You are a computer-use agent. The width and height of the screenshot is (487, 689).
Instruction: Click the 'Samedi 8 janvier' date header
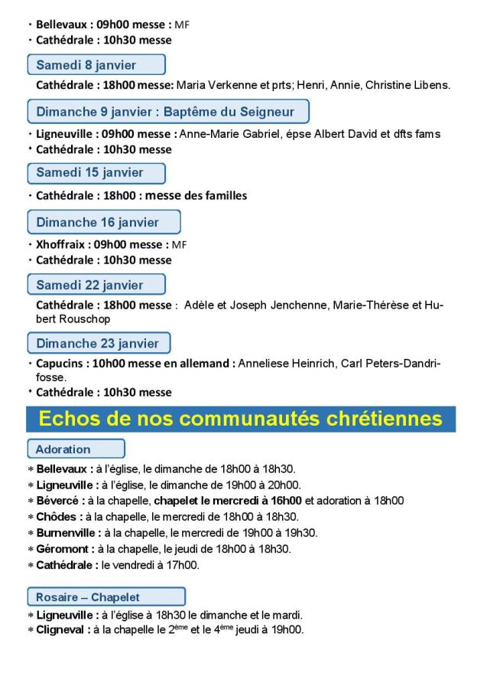tap(96, 64)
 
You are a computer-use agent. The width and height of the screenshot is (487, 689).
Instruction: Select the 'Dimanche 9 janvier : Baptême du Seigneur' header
tap(167, 112)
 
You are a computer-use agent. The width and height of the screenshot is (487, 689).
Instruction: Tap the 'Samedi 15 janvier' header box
tap(96, 173)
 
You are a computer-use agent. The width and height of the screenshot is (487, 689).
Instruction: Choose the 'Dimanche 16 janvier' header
tap(103, 222)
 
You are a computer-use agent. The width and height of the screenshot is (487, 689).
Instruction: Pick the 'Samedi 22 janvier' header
tap(96, 285)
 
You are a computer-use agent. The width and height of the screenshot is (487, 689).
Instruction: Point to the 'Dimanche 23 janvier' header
tap(98, 343)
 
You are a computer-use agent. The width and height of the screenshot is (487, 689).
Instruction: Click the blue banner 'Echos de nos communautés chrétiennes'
tap(240, 419)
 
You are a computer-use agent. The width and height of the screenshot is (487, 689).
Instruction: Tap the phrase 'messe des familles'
tap(196, 195)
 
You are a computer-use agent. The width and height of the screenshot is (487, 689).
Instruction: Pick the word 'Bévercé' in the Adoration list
tap(59, 501)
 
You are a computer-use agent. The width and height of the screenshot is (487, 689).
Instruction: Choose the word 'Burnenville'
tap(67, 533)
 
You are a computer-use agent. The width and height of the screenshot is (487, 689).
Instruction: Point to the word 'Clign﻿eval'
tap(62, 630)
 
